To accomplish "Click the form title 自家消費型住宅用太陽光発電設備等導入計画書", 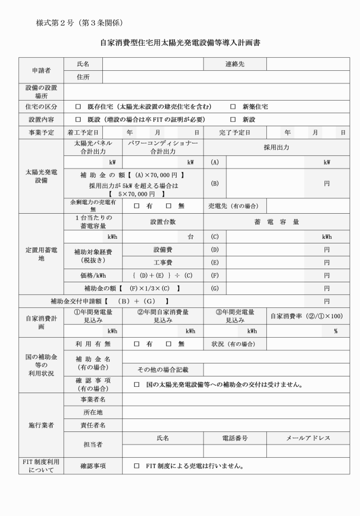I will tap(179, 43).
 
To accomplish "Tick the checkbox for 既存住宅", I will tap(78, 107).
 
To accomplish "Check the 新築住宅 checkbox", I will tap(233, 107).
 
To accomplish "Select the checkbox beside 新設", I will tap(233, 119).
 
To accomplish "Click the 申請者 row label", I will tap(41, 70).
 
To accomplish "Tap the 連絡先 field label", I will tap(234, 64).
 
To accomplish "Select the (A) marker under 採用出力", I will tap(215, 162).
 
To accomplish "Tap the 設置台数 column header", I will tap(163, 222).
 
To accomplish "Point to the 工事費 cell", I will tap(163, 262).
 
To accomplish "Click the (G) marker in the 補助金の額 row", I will tap(215, 288).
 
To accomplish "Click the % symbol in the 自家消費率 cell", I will tap(335, 331).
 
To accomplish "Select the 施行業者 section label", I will tap(41, 426).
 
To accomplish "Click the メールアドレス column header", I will tap(308, 438).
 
